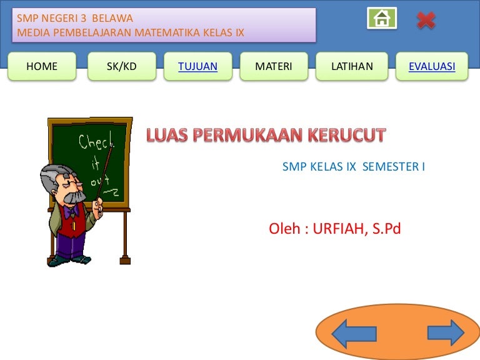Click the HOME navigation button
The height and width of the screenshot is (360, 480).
click(x=42, y=66)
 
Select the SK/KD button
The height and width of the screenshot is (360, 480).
click(x=122, y=66)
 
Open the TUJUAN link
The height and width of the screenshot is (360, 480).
click(x=197, y=66)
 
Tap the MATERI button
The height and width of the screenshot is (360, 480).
click(x=274, y=66)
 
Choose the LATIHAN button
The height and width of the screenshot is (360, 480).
click(x=352, y=66)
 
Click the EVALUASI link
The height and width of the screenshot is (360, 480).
click(x=432, y=66)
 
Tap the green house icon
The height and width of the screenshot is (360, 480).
click(x=382, y=18)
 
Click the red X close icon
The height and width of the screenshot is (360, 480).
click(x=426, y=21)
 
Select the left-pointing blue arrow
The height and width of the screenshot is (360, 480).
click(x=354, y=334)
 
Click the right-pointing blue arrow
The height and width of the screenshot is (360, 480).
click(x=446, y=332)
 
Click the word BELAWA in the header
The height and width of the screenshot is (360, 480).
click(x=112, y=18)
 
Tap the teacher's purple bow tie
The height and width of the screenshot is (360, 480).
click(x=71, y=211)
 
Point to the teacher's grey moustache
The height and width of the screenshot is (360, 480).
click(x=74, y=197)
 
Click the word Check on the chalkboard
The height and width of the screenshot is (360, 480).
click(x=96, y=141)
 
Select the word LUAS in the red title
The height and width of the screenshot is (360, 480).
click(x=167, y=135)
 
